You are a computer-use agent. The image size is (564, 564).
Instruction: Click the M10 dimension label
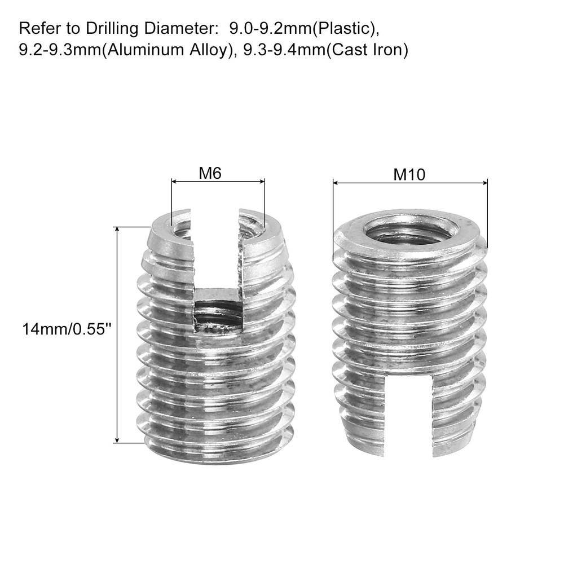click(408, 175)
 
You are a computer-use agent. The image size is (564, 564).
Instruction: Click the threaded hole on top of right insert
click(407, 231)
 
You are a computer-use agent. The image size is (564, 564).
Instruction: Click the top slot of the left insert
click(214, 248)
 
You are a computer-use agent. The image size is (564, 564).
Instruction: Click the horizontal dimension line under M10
click(410, 183)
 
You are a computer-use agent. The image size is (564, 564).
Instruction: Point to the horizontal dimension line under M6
click(218, 182)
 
